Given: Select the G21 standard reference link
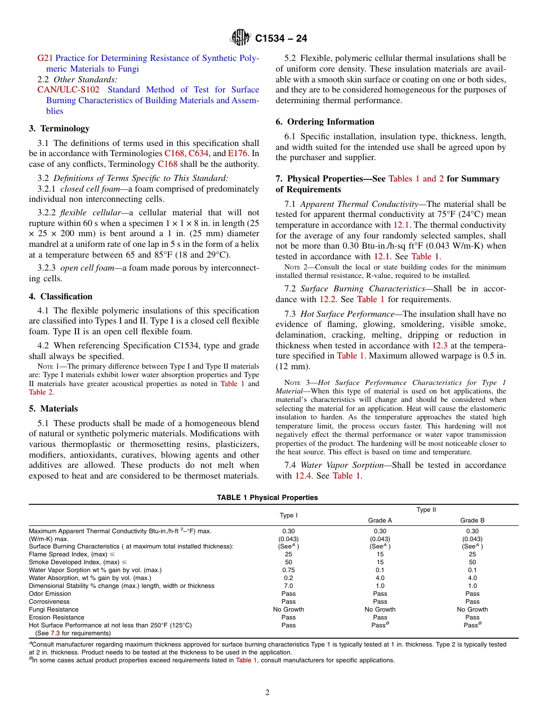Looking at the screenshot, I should tap(44, 58).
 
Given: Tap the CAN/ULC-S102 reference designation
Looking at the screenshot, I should tap(69, 90).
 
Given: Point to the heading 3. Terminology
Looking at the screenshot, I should tap(59, 129).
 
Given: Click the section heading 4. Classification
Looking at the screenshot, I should tap(61, 296).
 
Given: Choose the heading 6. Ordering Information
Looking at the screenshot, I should tap(325, 122).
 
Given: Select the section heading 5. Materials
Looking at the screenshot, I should tap(53, 409).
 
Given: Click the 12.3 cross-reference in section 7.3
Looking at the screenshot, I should tap(440, 345).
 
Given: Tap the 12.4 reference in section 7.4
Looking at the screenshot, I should tap(304, 476).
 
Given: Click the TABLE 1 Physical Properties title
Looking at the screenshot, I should tap(267, 498).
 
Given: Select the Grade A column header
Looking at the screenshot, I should tap(380, 520).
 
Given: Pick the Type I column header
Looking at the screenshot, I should tap(288, 515).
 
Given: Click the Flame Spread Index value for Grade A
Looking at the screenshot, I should tap(380, 554).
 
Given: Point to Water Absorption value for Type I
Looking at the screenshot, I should tap(288, 578).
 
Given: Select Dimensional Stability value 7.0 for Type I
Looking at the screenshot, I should tap(288, 586).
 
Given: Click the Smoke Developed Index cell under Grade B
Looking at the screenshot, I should tap(472, 562).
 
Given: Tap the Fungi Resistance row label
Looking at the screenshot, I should tap(53, 609).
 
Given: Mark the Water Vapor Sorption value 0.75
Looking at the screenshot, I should tap(288, 570).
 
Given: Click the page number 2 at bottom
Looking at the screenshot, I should tap(267, 693).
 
